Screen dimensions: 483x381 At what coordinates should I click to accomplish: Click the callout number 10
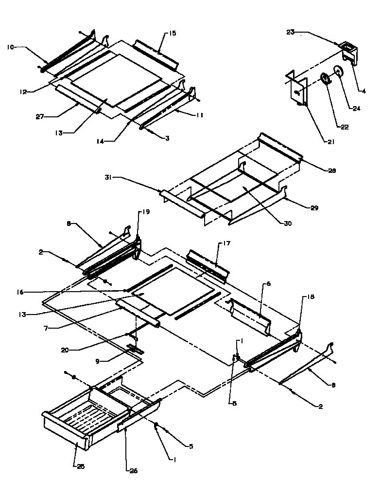tap(10, 47)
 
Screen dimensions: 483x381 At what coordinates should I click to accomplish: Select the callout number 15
tap(173, 33)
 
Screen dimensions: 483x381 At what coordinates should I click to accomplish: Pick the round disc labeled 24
tap(338, 72)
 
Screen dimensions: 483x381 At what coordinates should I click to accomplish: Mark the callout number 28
tap(332, 171)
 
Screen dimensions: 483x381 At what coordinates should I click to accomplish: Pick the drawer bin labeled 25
tap(68, 419)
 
